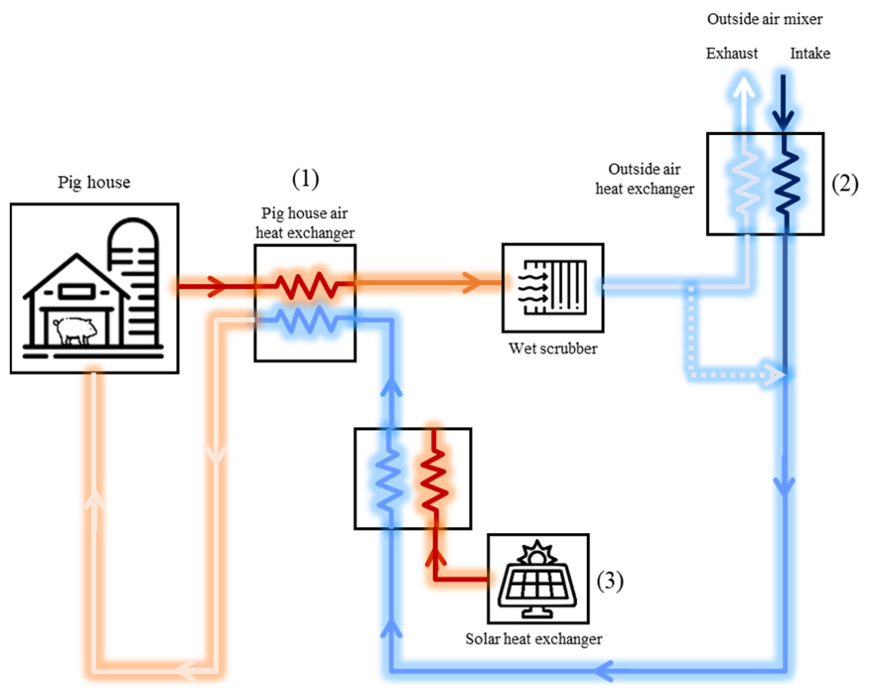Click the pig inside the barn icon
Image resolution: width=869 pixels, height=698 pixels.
click(75, 330)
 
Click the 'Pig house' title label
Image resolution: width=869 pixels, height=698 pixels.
click(94, 182)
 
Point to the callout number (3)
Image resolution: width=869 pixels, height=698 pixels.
click(609, 581)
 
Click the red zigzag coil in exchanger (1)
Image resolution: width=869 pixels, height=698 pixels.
click(307, 285)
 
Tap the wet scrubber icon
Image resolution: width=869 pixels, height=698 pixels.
click(553, 287)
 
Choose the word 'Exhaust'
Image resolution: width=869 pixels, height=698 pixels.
click(731, 54)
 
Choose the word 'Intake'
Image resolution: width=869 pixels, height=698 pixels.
click(810, 54)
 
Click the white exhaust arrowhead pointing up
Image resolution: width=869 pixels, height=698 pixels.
click(744, 87)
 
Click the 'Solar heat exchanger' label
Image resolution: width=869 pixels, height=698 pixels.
click(534, 639)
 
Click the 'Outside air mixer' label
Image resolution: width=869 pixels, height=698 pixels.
click(765, 19)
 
